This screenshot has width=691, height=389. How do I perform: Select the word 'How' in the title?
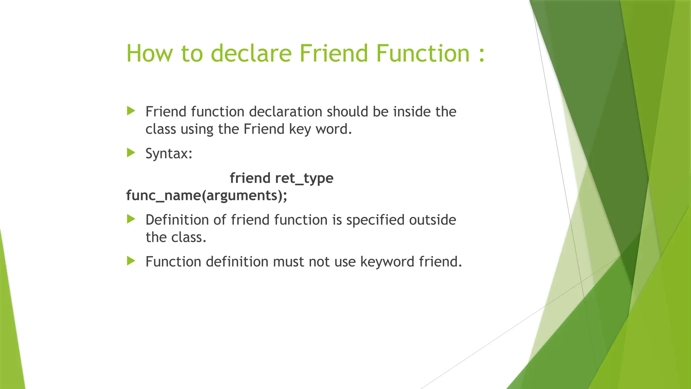coord(149,53)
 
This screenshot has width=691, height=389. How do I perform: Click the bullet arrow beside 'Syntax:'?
coord(131,153)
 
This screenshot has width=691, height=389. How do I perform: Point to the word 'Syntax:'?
coord(169,154)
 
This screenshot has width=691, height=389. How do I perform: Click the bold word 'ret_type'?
coord(304,178)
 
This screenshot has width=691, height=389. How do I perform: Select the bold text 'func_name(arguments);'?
coord(206,196)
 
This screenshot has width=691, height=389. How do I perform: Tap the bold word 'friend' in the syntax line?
coord(250,178)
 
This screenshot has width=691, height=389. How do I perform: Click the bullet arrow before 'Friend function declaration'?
coord(131,111)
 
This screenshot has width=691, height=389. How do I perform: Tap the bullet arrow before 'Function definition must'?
coord(131,261)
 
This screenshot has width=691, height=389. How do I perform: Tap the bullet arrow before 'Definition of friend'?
coord(131,219)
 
